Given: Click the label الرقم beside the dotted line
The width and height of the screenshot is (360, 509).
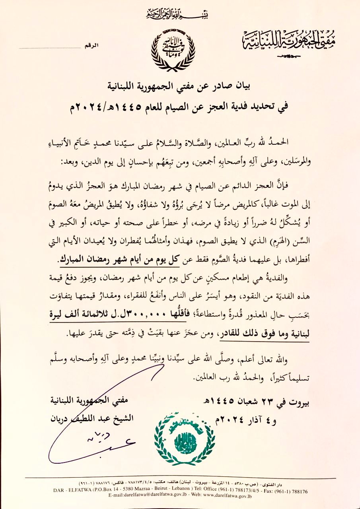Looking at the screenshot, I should click(90, 47).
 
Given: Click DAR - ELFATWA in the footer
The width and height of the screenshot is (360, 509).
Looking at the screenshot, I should click(70, 491).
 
